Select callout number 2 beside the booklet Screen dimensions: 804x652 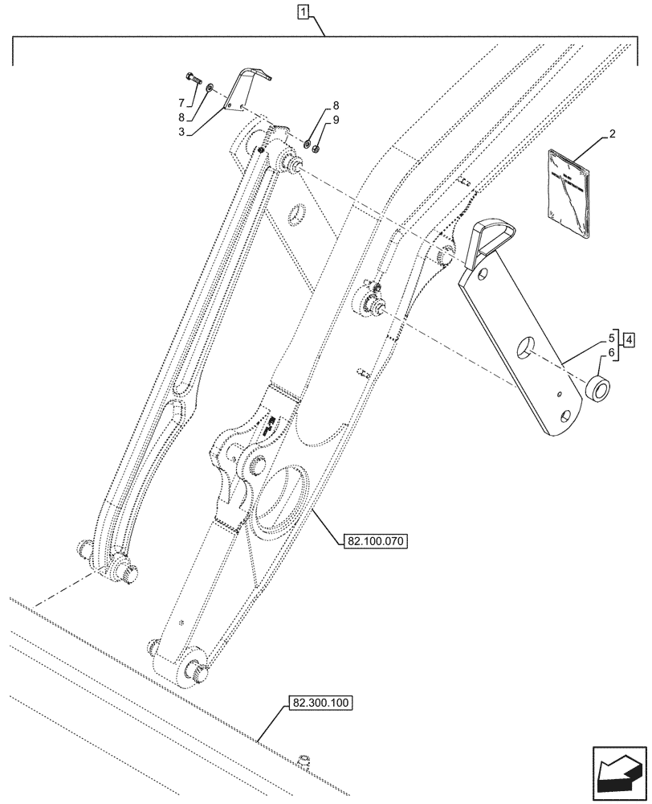pos(612,135)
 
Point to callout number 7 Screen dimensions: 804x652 pos(181,102)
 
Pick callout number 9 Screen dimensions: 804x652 pos(336,120)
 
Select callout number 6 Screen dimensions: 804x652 pos(613,352)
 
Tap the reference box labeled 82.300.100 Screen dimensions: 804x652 pos(320,703)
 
